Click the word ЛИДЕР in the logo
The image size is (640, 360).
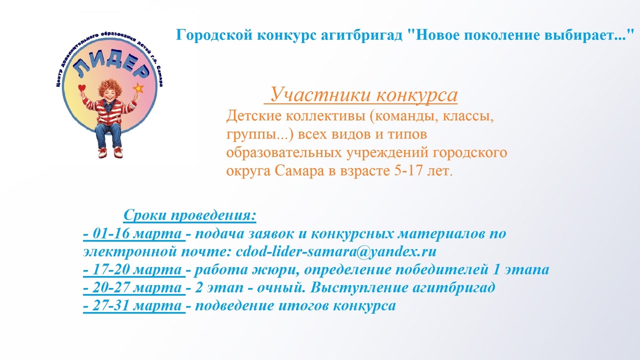(x=111, y=67)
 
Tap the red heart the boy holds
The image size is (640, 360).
(x=82, y=87)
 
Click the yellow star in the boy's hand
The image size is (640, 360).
(x=138, y=88)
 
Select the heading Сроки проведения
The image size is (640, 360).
(x=189, y=215)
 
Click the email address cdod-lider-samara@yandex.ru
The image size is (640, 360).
(x=336, y=251)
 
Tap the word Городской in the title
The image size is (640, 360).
(x=214, y=35)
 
